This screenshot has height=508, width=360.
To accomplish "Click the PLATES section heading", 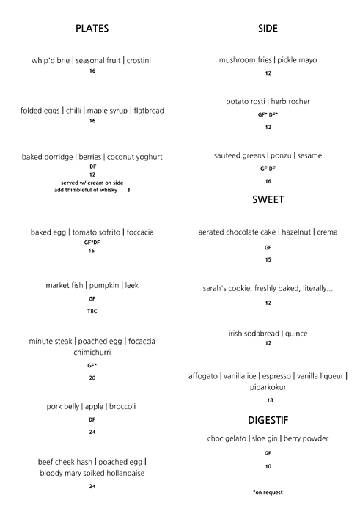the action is [x=92, y=29].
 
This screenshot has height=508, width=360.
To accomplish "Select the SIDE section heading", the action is [x=268, y=29].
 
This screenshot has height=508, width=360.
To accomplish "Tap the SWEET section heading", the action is [x=268, y=199].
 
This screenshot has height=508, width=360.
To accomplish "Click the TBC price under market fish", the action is [x=92, y=312].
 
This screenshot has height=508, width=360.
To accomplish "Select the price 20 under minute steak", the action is [x=92, y=378].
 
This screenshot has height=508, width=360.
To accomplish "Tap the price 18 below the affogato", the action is [x=269, y=400].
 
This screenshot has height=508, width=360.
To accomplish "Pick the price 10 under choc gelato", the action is [x=268, y=466].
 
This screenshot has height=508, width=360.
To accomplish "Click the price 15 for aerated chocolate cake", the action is [x=268, y=259].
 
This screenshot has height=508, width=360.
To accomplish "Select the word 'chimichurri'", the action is [x=92, y=352].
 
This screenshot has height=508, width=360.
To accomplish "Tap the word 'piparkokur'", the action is [x=268, y=387].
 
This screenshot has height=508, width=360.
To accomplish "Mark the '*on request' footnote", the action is [x=268, y=492].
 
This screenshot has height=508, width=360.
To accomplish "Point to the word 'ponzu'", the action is [x=279, y=155].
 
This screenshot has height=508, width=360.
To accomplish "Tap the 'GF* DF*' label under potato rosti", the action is [x=268, y=114].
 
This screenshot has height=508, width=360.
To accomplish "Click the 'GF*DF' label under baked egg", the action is [x=92, y=242].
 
